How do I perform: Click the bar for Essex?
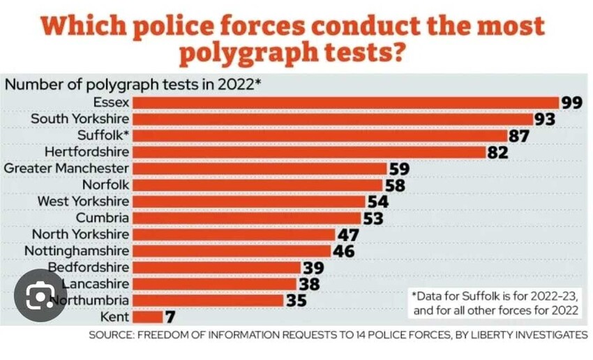(x=345, y=103)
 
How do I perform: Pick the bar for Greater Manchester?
(x=260, y=169)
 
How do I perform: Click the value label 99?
(x=571, y=103)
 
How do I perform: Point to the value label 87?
(x=518, y=136)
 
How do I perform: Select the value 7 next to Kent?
(x=170, y=317)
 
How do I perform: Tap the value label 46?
(x=343, y=251)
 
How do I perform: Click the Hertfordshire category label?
(x=87, y=152)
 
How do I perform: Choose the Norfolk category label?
(x=105, y=186)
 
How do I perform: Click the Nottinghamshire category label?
(x=77, y=251)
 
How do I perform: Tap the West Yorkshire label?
(x=83, y=202)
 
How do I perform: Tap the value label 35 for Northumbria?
(x=297, y=301)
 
